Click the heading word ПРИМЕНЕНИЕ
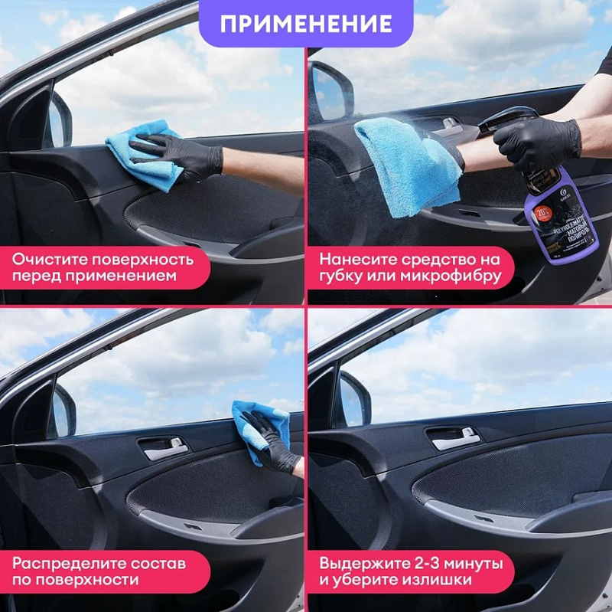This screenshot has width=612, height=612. click(x=306, y=23)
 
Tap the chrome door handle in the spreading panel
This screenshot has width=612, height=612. click(x=164, y=448)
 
